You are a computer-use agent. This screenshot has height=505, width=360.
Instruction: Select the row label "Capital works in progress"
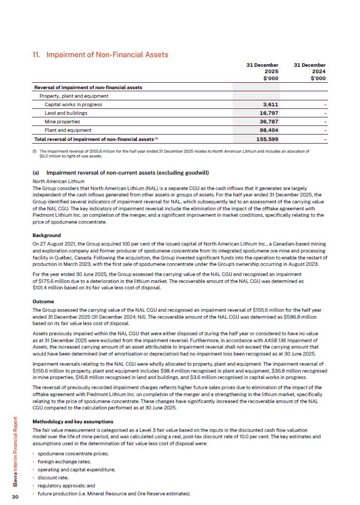[x=73, y=104]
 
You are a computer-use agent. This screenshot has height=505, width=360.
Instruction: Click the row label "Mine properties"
[x=61, y=121]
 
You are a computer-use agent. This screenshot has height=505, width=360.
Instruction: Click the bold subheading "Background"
[x=46, y=235]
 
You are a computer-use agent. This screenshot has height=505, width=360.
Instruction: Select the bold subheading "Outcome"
[x=44, y=302]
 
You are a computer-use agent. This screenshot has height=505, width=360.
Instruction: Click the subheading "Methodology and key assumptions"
[x=71, y=422]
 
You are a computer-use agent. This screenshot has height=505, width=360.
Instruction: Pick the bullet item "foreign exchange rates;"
[x=63, y=461]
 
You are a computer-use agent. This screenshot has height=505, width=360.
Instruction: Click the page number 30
[x=16, y=496]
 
